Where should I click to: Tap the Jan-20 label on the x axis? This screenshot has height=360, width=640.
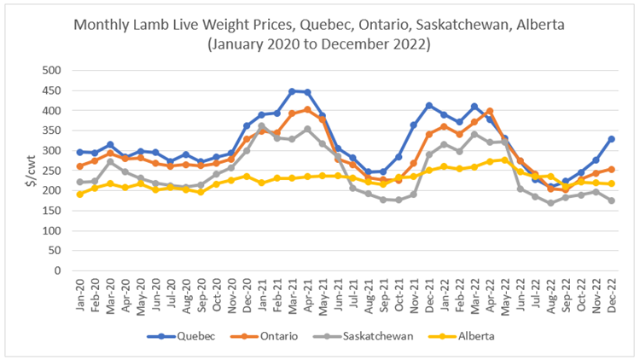pyautogui.click(x=80, y=295)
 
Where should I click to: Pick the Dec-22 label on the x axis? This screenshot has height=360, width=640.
pyautogui.click(x=611, y=295)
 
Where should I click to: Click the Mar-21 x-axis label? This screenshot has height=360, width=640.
pyautogui.click(x=293, y=295)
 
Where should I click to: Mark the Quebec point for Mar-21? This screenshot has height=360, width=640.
pyautogui.click(x=293, y=91)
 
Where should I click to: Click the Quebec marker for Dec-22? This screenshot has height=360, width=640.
pyautogui.click(x=611, y=139)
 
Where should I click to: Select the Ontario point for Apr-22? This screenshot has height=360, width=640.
pyautogui.click(x=490, y=111)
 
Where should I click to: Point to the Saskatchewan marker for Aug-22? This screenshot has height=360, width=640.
pyautogui.click(x=550, y=203)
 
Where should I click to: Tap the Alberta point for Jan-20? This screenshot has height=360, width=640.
pyautogui.click(x=80, y=195)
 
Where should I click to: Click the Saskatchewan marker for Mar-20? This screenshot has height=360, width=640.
pyautogui.click(x=110, y=161)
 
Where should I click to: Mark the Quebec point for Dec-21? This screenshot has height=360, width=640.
pyautogui.click(x=429, y=106)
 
